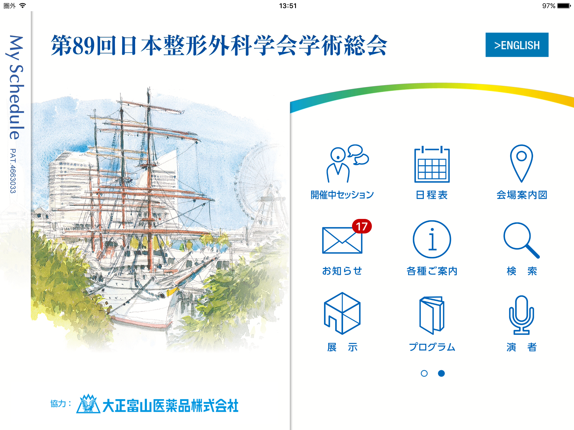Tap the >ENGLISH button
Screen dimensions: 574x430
point(517,45)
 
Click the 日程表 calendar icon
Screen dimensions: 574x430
point(432,164)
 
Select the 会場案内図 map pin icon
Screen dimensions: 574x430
point(521,163)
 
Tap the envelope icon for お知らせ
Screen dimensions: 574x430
point(342,240)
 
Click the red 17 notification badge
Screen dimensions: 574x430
point(362,226)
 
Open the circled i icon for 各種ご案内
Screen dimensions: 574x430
point(432,239)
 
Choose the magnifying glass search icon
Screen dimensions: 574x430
point(521,240)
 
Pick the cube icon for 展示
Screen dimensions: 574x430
point(342,313)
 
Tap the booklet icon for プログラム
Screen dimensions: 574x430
point(432,315)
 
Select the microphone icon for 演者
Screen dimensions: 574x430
point(521,315)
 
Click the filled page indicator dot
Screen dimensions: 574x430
point(441,373)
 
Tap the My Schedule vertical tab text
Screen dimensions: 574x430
point(16,87)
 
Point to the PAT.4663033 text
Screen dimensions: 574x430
point(13,171)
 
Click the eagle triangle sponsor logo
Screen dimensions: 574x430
point(88,404)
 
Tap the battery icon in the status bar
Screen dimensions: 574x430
point(564,6)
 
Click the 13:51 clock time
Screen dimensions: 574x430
point(288,6)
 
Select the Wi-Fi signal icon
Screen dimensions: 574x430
point(22,6)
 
